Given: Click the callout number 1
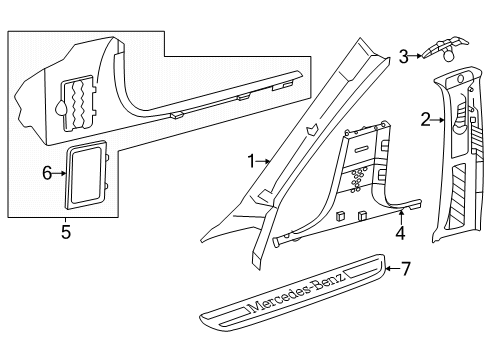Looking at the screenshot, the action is coord(251,161).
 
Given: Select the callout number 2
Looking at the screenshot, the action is coord(425,120).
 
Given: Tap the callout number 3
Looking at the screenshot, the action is coord(404,57).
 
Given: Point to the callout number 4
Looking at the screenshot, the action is coord(400,233).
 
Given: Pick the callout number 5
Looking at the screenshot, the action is coord(66,232).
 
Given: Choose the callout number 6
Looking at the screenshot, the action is coord(47,173).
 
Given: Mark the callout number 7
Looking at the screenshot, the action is coord(405,269).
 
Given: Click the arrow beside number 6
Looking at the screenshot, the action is coord(60,173).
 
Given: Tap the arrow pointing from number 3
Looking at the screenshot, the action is coord(415,56).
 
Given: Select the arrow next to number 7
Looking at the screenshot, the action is coord(393,268).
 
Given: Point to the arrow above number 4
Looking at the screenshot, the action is coord(401,217).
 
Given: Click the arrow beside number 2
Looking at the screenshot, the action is coord(437,119).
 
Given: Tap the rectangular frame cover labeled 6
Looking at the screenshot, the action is coord(86,174).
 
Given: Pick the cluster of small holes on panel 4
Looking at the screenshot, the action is coord(358,180).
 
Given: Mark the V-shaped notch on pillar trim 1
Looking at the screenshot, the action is coord(311,129).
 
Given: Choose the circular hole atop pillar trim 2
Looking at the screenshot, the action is coord(461,79).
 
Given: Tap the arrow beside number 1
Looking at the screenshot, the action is coord(263,161).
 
